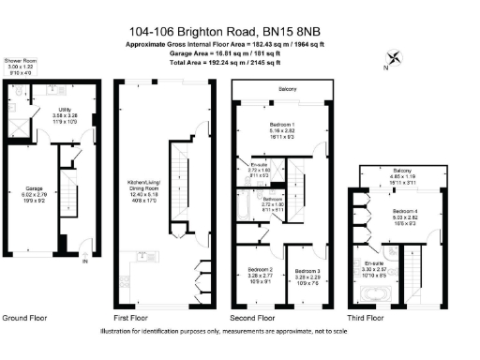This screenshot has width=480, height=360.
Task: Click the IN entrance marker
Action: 84,262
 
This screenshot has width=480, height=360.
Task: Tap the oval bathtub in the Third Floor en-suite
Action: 373,298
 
